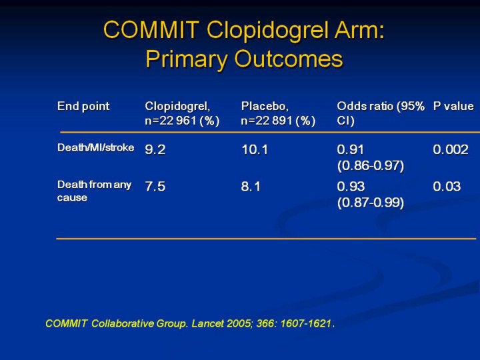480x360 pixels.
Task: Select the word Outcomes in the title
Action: tap(288, 59)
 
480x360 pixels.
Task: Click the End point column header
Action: tap(83, 106)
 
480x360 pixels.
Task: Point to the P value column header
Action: tap(453, 106)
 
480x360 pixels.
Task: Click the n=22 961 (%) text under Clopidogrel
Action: tap(182, 121)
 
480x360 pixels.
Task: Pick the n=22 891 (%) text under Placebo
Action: tap(278, 121)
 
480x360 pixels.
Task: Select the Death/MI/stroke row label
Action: tap(95, 147)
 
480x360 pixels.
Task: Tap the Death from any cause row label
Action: tap(94, 191)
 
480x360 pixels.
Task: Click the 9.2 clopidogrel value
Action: tap(155, 150)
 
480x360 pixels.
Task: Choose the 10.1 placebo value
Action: tap(255, 150)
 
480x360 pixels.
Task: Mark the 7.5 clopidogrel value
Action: tap(155, 187)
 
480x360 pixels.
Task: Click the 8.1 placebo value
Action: tap(251, 187)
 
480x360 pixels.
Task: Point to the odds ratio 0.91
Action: tap(351, 150)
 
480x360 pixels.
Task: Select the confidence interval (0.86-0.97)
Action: tap(371, 165)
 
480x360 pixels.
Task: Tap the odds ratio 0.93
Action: tap(351, 187)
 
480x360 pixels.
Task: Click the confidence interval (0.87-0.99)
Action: tap(371, 203)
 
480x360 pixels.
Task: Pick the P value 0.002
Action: tap(451, 150)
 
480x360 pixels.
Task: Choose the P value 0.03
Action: tap(447, 187)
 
